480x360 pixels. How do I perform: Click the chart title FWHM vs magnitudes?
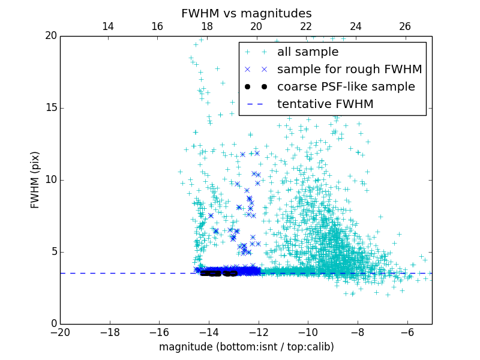[246, 13]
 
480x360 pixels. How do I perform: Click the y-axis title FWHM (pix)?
[35, 180]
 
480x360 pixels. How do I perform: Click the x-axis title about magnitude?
[246, 347]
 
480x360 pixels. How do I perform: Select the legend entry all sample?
[307, 52]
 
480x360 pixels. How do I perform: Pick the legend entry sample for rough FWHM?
[349, 70]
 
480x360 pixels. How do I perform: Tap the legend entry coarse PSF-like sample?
[346, 87]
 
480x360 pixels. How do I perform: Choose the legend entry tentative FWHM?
[325, 104]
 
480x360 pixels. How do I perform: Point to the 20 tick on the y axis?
[50, 36]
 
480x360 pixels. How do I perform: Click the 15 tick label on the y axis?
[50, 108]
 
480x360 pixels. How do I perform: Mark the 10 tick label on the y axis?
[50, 180]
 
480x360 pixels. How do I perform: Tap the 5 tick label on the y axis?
[53, 252]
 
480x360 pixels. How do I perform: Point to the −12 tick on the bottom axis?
[259, 332]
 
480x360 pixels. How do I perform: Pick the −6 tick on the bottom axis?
[407, 332]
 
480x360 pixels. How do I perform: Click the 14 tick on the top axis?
[108, 26]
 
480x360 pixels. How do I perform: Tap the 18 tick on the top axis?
[207, 26]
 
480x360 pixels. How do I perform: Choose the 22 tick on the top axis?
[306, 26]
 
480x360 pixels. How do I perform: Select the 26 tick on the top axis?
[405, 26]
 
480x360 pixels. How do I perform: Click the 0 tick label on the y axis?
[53, 324]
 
